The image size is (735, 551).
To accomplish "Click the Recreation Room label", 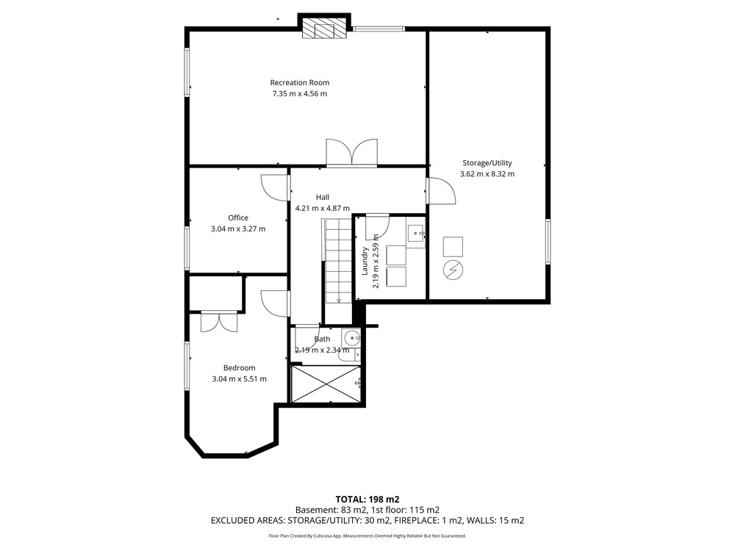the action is [300, 82].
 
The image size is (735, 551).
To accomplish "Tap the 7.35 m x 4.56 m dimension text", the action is [300, 94].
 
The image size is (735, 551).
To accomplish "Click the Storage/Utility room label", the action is [487, 163].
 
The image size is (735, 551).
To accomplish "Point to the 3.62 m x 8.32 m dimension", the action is [487, 174].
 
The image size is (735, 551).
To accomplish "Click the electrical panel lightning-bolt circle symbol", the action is [453, 270].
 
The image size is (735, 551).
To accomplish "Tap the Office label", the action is [238, 217].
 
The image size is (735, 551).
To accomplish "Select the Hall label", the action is [323, 197].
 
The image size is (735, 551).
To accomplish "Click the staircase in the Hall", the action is [337, 261].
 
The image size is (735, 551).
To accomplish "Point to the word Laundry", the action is [365, 261].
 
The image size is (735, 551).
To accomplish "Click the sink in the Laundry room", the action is [416, 233].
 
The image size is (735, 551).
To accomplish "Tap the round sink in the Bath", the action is [351, 337].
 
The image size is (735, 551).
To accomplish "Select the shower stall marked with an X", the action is [326, 384].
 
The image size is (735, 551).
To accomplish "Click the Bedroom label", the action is [239, 368].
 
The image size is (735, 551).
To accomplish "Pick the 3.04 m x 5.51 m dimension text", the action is [239, 379].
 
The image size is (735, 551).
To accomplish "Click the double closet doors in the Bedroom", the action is [219, 322].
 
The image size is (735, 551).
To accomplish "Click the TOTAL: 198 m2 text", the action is [367, 500].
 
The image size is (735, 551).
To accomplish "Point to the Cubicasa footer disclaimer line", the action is [367, 536].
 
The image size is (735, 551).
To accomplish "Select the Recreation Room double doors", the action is [352, 153].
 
